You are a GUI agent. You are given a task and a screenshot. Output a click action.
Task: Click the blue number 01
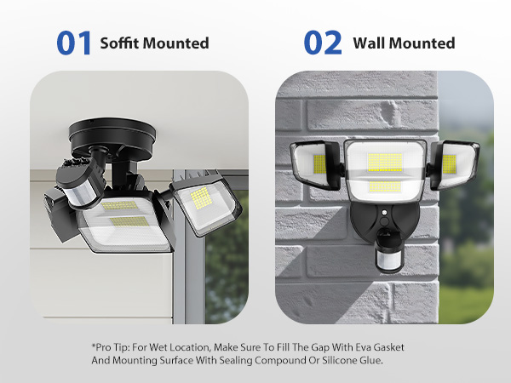click(73, 43)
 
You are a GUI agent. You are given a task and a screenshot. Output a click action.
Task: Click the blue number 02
click(323, 43)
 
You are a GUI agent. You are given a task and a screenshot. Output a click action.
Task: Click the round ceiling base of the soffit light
click(112, 136)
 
